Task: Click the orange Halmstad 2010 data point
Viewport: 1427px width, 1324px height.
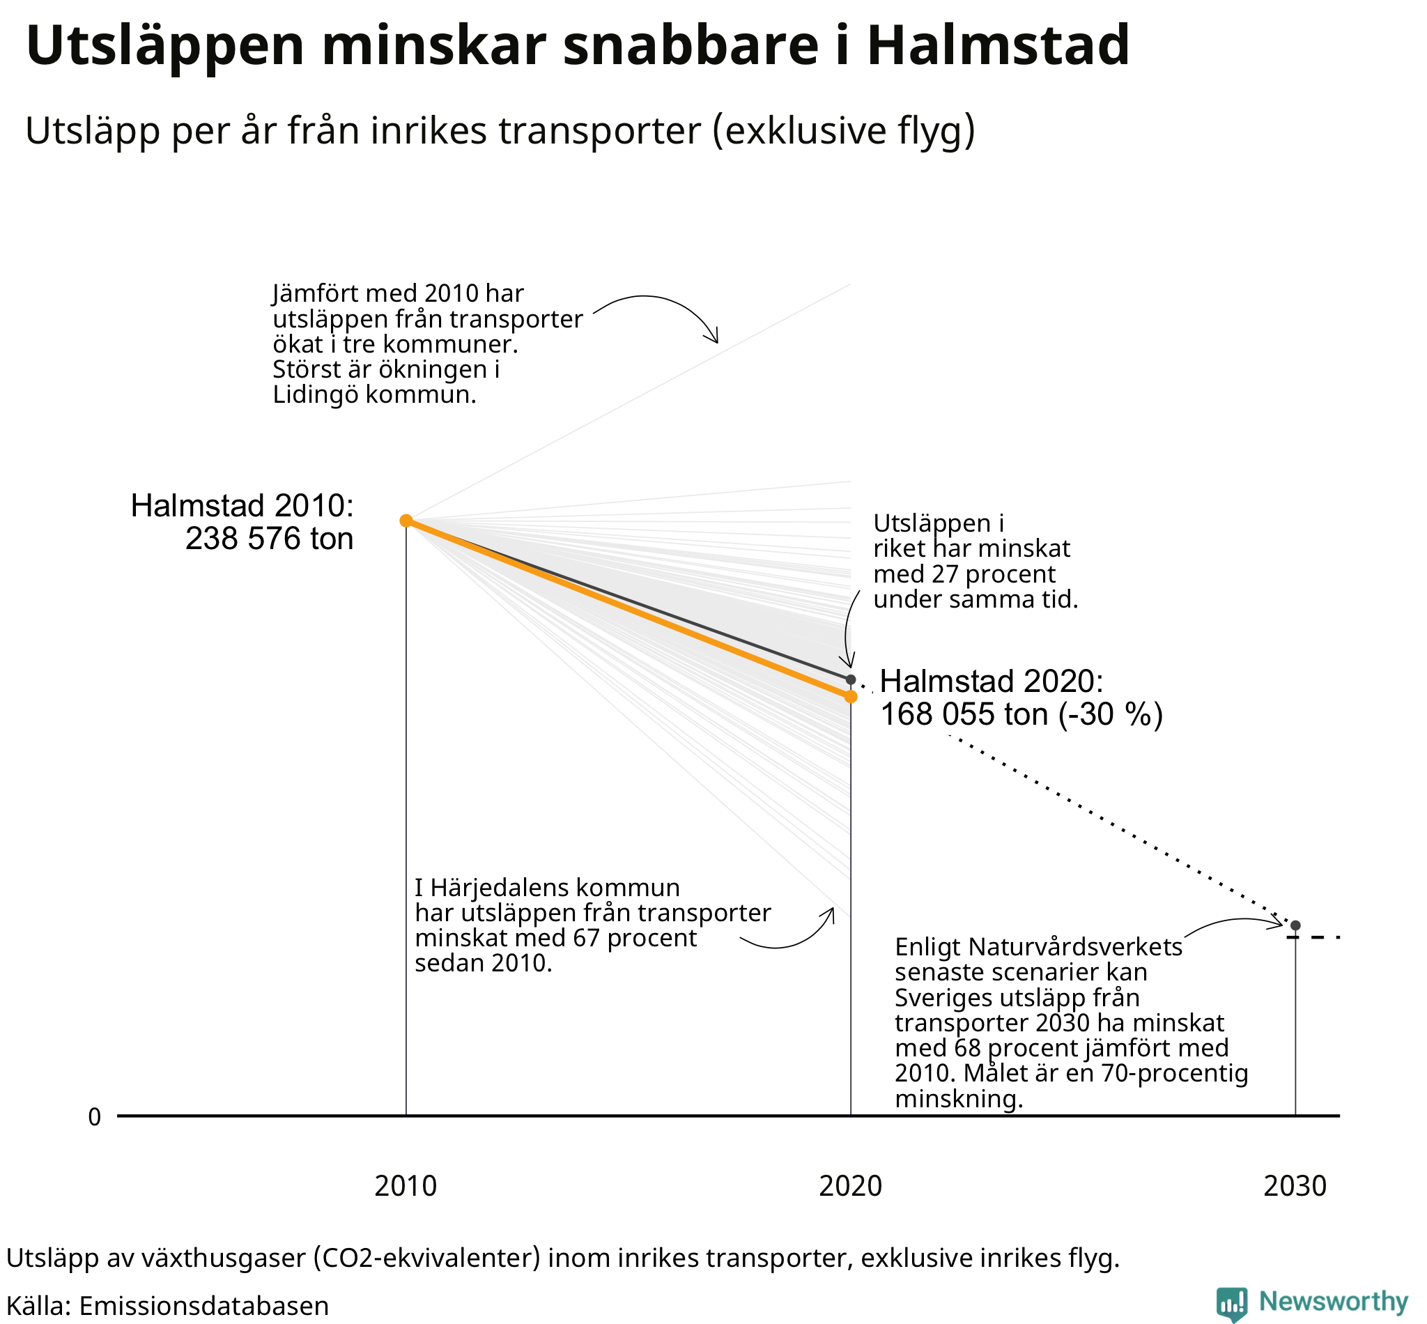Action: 406,520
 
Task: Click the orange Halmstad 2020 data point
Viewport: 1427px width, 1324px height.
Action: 850,696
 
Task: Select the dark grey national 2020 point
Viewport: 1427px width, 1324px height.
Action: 850,679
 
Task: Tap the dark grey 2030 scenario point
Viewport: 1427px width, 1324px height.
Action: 1295,925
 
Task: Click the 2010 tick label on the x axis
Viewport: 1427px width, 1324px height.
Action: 406,1187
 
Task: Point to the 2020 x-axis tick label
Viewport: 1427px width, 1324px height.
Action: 850,1187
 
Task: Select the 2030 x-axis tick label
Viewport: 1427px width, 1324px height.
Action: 1295,1187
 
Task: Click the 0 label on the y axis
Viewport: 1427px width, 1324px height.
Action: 95,1117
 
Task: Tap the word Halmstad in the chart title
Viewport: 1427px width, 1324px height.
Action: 998,45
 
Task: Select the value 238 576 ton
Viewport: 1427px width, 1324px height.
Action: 270,539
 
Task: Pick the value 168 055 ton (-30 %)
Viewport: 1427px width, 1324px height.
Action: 1021,714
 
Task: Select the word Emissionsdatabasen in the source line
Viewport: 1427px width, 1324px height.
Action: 203,1306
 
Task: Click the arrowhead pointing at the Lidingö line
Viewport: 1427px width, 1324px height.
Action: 711,334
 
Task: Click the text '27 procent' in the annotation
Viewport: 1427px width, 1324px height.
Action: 994,574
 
